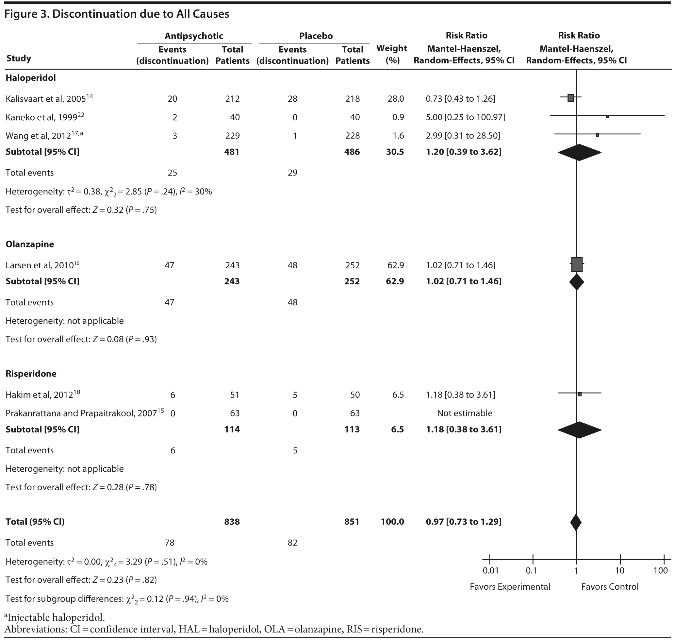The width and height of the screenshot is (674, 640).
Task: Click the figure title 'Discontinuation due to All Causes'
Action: coord(140,14)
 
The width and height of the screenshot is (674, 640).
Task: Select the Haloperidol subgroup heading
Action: coord(31,78)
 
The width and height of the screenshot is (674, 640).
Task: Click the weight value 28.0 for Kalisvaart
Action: coord(395,99)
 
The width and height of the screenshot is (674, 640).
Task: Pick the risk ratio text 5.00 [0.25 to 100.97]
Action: coord(465,117)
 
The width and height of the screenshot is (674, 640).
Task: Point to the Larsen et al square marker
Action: coord(577,264)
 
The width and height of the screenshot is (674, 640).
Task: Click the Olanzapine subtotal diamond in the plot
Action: coord(577,282)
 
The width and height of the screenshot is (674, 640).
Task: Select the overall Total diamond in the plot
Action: coord(576,522)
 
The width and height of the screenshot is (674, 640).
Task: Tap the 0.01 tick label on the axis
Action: coord(491,570)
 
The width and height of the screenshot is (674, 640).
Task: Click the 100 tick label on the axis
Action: coord(661,570)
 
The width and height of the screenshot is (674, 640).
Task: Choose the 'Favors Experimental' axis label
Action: coord(510,587)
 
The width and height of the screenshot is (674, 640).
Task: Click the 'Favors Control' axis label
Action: coord(610,587)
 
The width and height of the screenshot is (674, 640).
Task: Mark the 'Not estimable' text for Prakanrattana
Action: coord(465,413)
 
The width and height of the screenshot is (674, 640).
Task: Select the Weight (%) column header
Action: coord(392,54)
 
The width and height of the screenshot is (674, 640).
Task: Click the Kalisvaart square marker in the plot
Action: coord(571,98)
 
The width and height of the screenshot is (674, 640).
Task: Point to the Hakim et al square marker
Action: coord(580,394)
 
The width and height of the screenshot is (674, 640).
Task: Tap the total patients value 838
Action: coord(232,522)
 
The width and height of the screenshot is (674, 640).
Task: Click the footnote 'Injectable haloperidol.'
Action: coord(55,617)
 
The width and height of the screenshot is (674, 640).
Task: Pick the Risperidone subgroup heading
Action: coord(31,374)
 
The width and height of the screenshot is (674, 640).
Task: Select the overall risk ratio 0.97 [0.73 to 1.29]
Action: coord(464,522)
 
